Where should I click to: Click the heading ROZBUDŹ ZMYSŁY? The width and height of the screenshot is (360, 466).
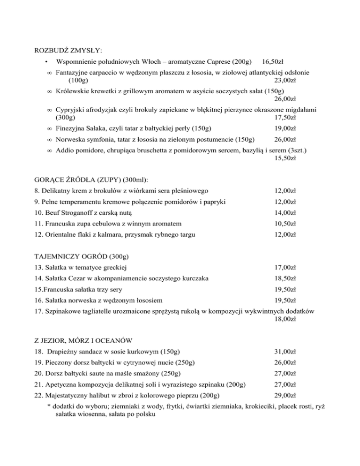(69, 50)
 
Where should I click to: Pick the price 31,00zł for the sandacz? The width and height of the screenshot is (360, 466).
(284, 352)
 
